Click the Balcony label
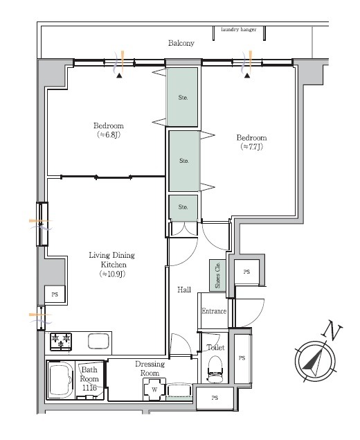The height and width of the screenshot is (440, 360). [181, 43]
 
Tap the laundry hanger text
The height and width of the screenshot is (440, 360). [239, 30]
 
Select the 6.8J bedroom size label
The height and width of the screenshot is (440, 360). [109, 134]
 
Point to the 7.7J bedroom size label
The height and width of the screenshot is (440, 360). [252, 146]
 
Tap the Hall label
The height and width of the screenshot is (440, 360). [184, 290]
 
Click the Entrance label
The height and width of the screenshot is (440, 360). [214, 311]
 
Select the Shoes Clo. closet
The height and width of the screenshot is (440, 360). [217, 275]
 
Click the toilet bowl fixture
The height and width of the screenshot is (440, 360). [215, 368]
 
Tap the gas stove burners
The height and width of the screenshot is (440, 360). [61, 341]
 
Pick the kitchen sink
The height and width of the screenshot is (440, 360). [98, 341]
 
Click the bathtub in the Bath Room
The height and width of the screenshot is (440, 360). [60, 380]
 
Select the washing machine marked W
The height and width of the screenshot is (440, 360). [154, 389]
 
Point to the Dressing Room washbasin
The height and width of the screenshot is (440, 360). [179, 391]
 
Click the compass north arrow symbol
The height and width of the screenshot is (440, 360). [315, 361]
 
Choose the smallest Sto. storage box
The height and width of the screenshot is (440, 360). [183, 207]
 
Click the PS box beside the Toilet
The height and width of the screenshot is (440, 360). [242, 358]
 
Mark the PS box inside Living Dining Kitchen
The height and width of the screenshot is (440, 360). [55, 294]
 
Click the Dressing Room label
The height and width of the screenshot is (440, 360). [150, 369]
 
